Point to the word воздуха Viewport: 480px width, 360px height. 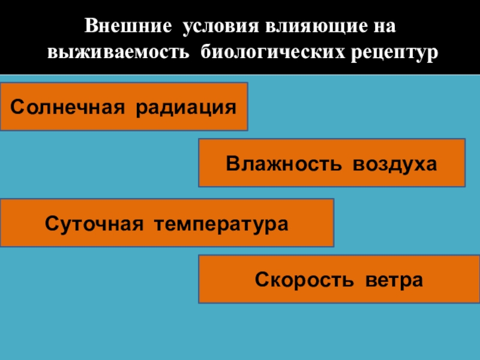[392, 164]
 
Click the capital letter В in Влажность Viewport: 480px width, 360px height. [232, 164]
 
